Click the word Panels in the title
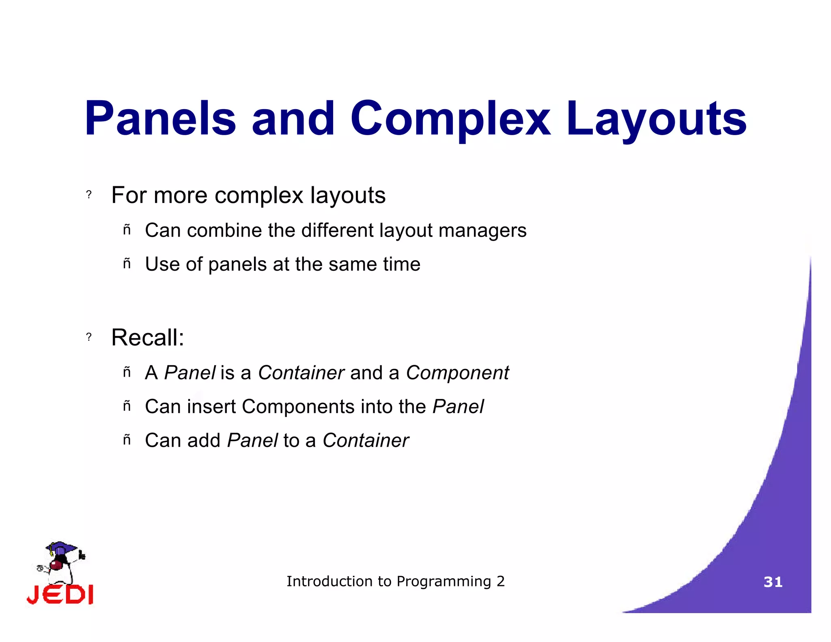point(160,118)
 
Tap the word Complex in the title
point(450,118)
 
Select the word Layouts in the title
point(656,118)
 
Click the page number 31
point(773,582)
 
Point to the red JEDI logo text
point(60,595)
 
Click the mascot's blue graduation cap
point(61,548)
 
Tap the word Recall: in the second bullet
point(148,337)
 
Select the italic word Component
point(457,373)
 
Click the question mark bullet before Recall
point(89,337)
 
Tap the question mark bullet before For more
point(89,195)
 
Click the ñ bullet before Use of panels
point(127,264)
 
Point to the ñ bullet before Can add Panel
point(127,439)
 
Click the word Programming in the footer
point(443,582)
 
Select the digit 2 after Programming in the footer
point(501,581)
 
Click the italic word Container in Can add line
point(366,440)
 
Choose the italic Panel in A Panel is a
point(189,373)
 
